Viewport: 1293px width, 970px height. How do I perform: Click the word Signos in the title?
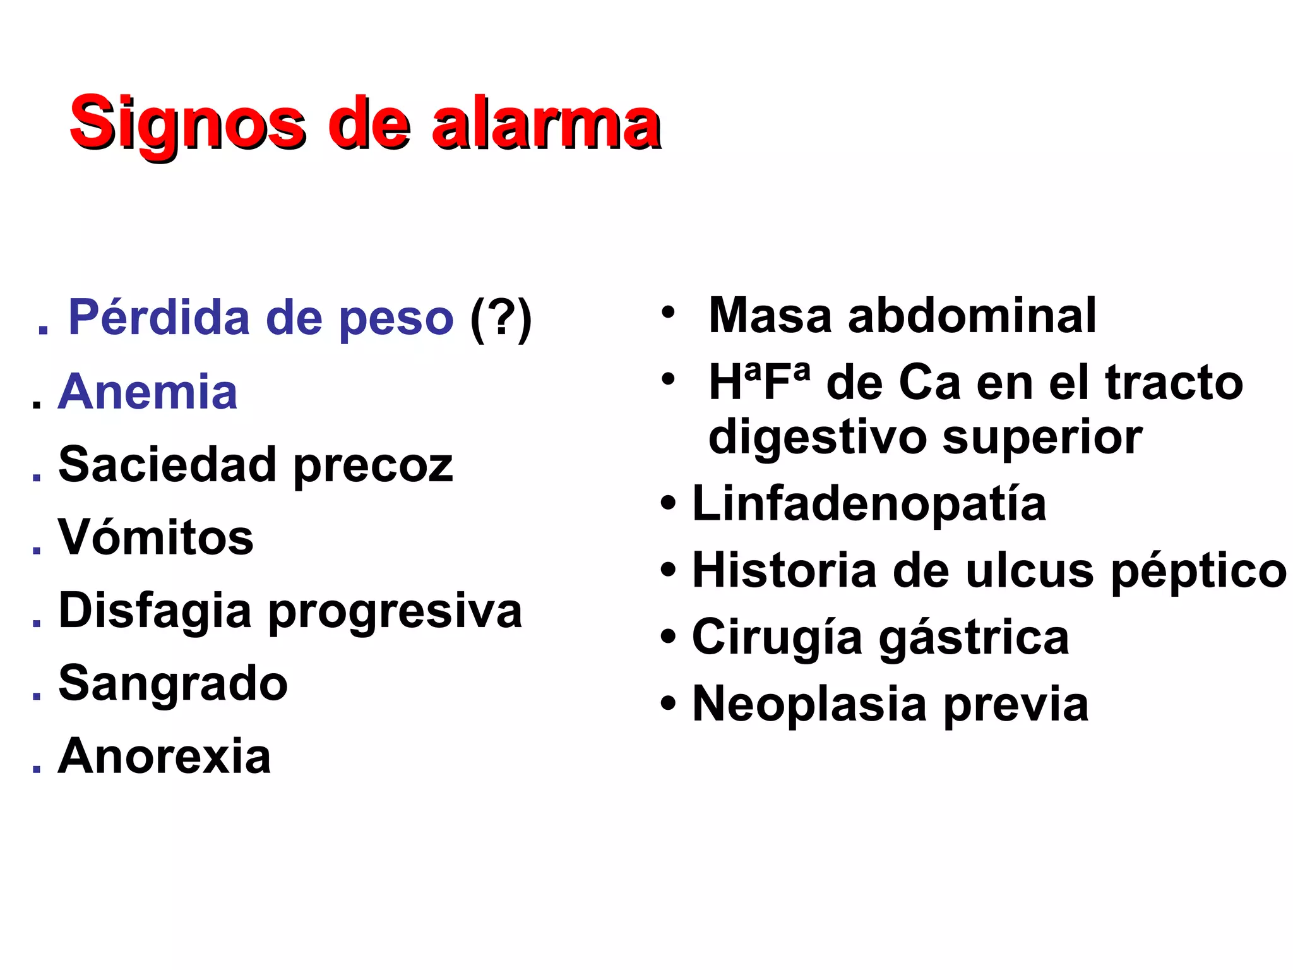click(188, 123)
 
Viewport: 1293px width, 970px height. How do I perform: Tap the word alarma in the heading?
click(545, 123)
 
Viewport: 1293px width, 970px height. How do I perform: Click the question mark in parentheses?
click(501, 318)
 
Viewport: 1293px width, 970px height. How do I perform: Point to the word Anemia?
click(148, 392)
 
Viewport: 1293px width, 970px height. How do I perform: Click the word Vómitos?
click(156, 537)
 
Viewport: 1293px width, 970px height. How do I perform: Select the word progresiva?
click(396, 611)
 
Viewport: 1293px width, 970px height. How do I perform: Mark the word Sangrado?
click(173, 683)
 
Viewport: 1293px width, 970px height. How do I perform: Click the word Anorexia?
click(165, 756)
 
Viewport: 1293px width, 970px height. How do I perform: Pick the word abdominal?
click(972, 315)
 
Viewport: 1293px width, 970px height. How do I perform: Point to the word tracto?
click(1174, 383)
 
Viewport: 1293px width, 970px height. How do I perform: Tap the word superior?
click(1042, 437)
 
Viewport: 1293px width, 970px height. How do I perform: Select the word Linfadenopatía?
click(869, 503)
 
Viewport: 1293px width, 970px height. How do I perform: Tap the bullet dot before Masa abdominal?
click(668, 311)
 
